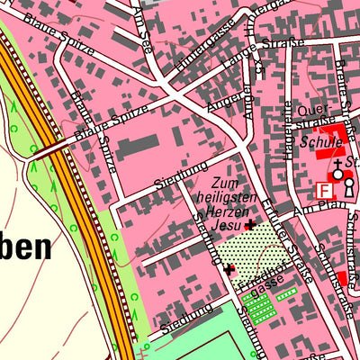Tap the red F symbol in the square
(x=324, y=190)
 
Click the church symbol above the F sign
(x=338, y=170)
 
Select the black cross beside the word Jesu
(x=249, y=225)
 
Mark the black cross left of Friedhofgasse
(x=229, y=268)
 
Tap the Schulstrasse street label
(x=337, y=256)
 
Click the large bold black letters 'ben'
(x=31, y=247)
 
